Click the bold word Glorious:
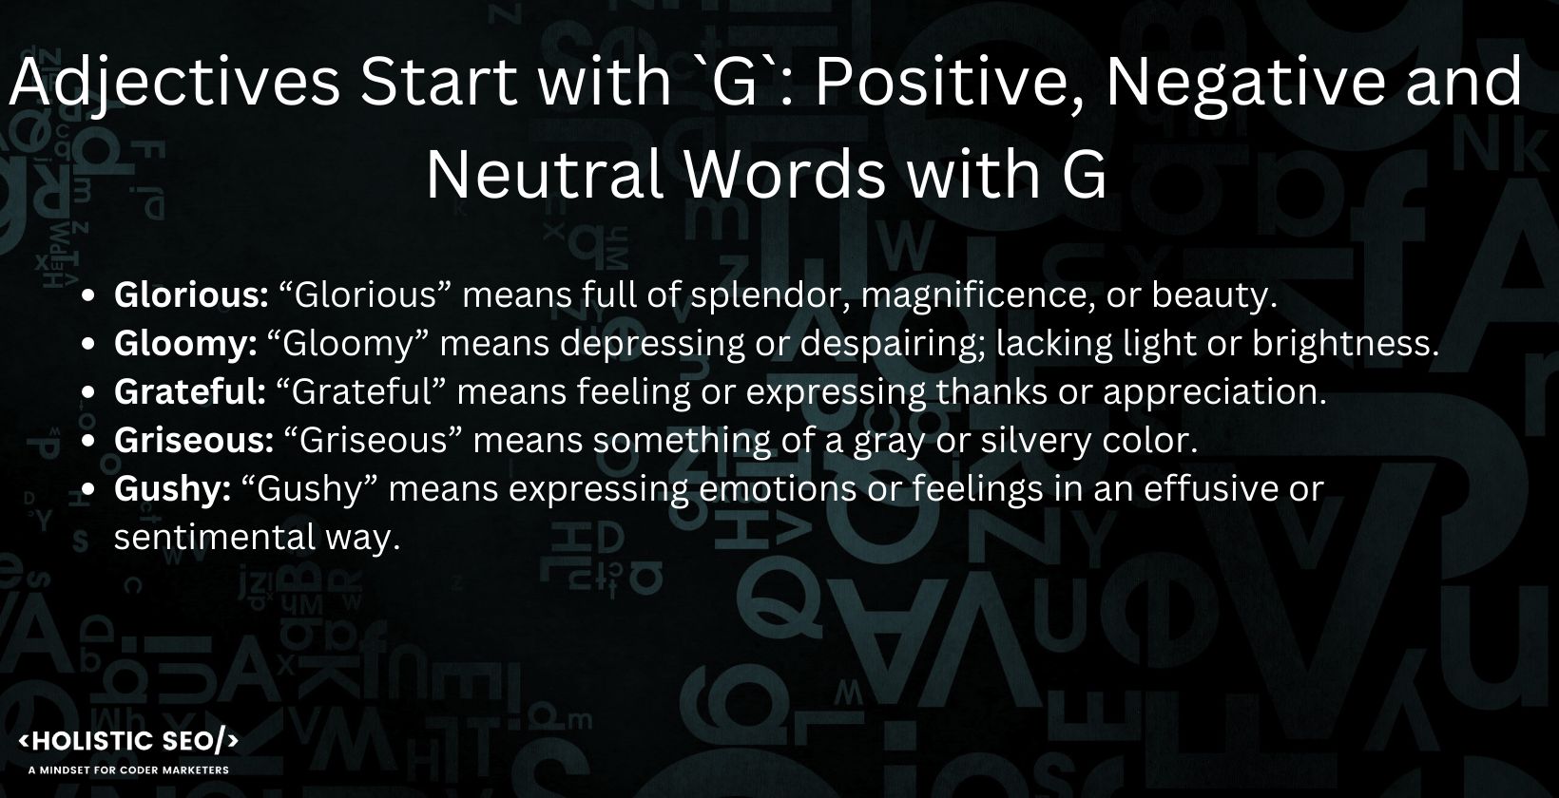coord(191,295)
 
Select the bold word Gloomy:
coord(185,344)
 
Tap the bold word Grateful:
coord(189,391)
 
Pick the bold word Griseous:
coord(194,440)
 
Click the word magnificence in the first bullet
coord(974,295)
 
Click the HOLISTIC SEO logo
coord(128,742)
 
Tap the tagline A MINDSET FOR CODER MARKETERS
coord(129,769)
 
